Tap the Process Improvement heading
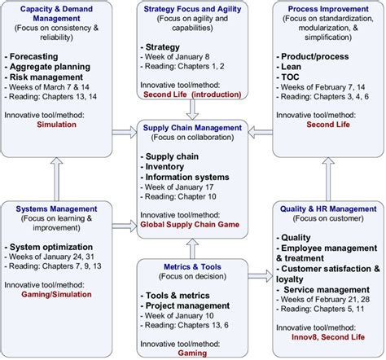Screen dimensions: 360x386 pos(324,8)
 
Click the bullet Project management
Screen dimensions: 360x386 pos(189,307)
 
